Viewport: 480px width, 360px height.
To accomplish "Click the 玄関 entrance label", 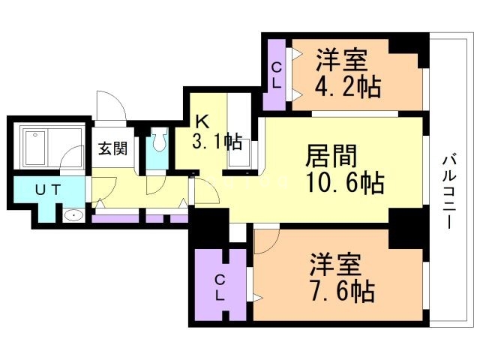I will tap(111, 147).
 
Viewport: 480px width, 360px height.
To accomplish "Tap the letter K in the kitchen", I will tap(202, 121).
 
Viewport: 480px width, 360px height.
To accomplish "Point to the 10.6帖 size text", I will tap(344, 182).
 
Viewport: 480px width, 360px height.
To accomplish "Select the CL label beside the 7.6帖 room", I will tap(220, 286).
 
